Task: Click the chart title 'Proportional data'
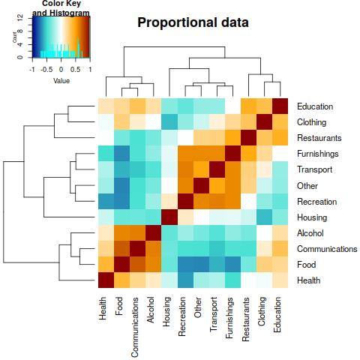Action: [x=193, y=22]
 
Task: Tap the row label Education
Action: [x=315, y=106]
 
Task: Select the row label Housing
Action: [x=312, y=217]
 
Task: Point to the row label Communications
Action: [x=327, y=249]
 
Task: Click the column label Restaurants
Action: [x=245, y=319]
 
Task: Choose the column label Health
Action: [x=103, y=308]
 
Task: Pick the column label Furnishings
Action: [x=229, y=317]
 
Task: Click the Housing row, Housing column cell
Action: [x=169, y=217]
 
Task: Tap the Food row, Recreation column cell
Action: [x=185, y=265]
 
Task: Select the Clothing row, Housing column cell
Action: [x=169, y=122]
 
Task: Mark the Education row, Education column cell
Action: [x=280, y=106]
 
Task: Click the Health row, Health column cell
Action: [x=106, y=280]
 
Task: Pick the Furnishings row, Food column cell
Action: [x=122, y=154]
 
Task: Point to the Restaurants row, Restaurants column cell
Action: [x=248, y=138]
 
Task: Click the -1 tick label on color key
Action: [x=32, y=70]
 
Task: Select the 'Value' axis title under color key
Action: [x=61, y=81]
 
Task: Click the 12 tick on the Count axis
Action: [x=20, y=18]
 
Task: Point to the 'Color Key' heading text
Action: [x=61, y=4]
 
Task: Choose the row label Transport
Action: [x=314, y=169]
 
